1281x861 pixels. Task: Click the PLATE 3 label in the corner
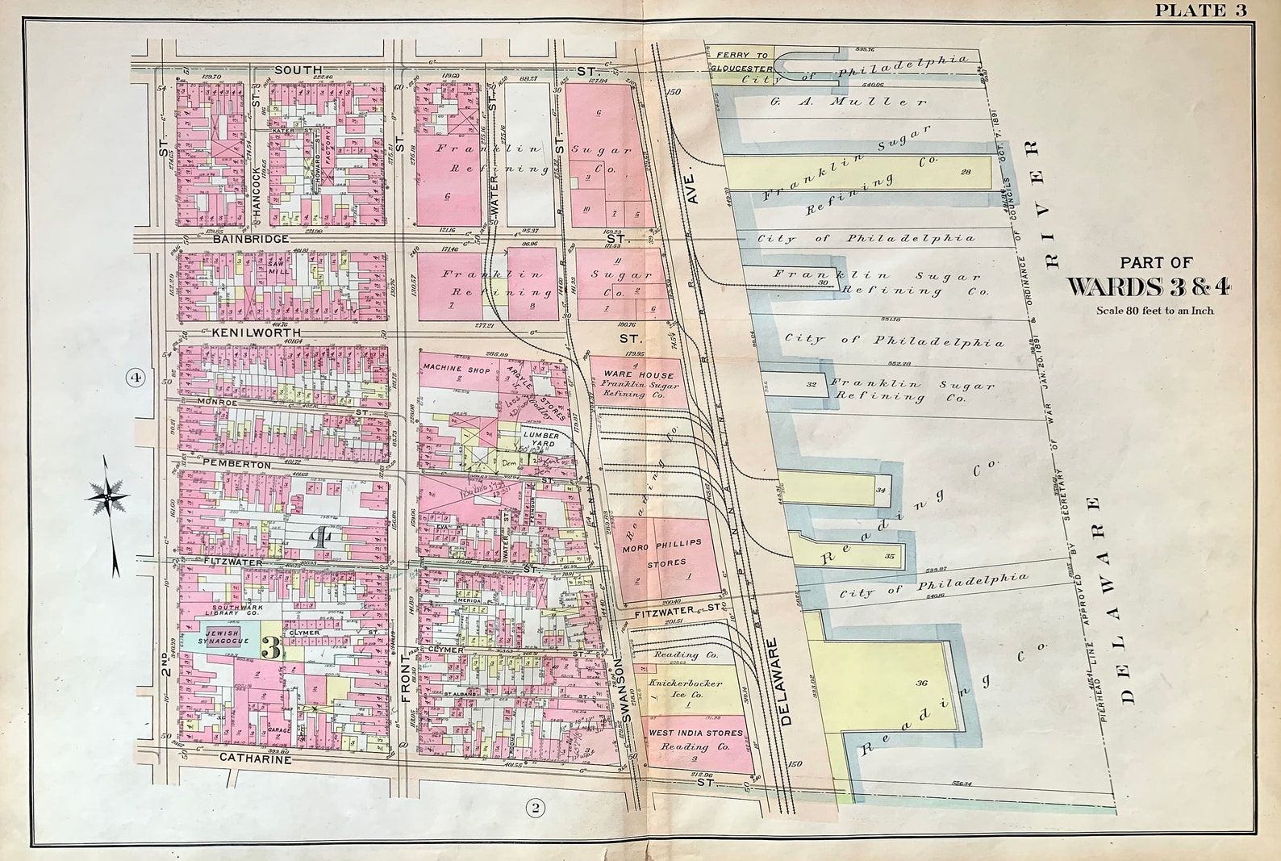1201,10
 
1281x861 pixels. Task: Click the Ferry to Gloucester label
741,62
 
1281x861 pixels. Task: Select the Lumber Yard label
541,440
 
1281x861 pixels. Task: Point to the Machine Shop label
453,367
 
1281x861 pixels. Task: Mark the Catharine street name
254,759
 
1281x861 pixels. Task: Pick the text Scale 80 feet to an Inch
1154,310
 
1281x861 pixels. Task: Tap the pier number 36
922,683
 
